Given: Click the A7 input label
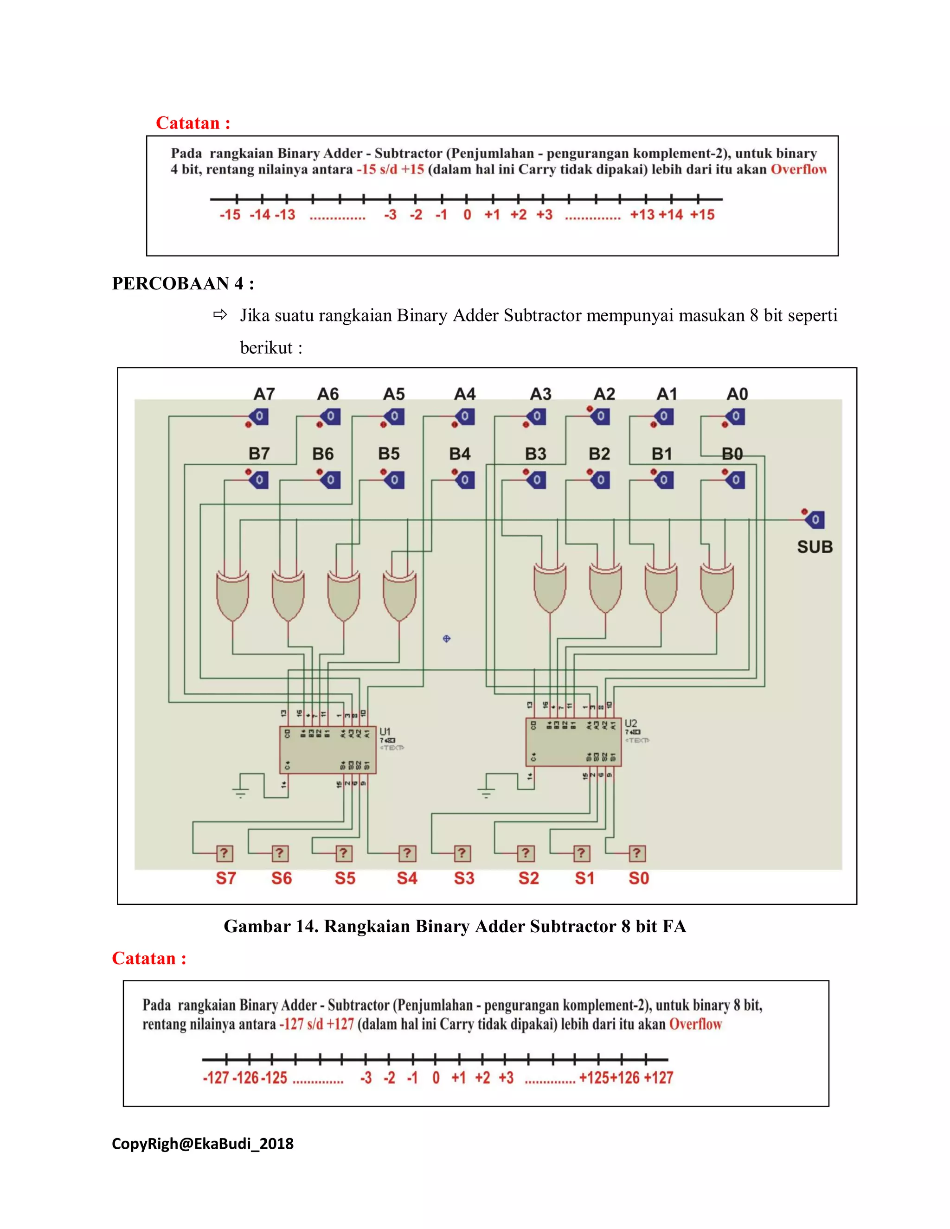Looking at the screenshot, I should click(x=264, y=394).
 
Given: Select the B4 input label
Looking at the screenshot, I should click(x=459, y=454).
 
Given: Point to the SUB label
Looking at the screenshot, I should click(x=815, y=546).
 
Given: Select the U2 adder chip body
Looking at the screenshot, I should click(x=573, y=742).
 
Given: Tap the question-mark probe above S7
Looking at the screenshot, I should click(x=224, y=853).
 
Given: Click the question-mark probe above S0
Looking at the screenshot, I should click(x=636, y=853).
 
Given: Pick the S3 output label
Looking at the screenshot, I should click(x=464, y=878).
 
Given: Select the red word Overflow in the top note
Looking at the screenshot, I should click(x=798, y=169).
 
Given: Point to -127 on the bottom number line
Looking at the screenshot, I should click(x=216, y=1078).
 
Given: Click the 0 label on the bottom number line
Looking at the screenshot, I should click(x=436, y=1078).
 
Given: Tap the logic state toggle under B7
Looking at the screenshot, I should click(x=259, y=480).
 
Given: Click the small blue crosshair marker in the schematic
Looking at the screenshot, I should click(x=446, y=638).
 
